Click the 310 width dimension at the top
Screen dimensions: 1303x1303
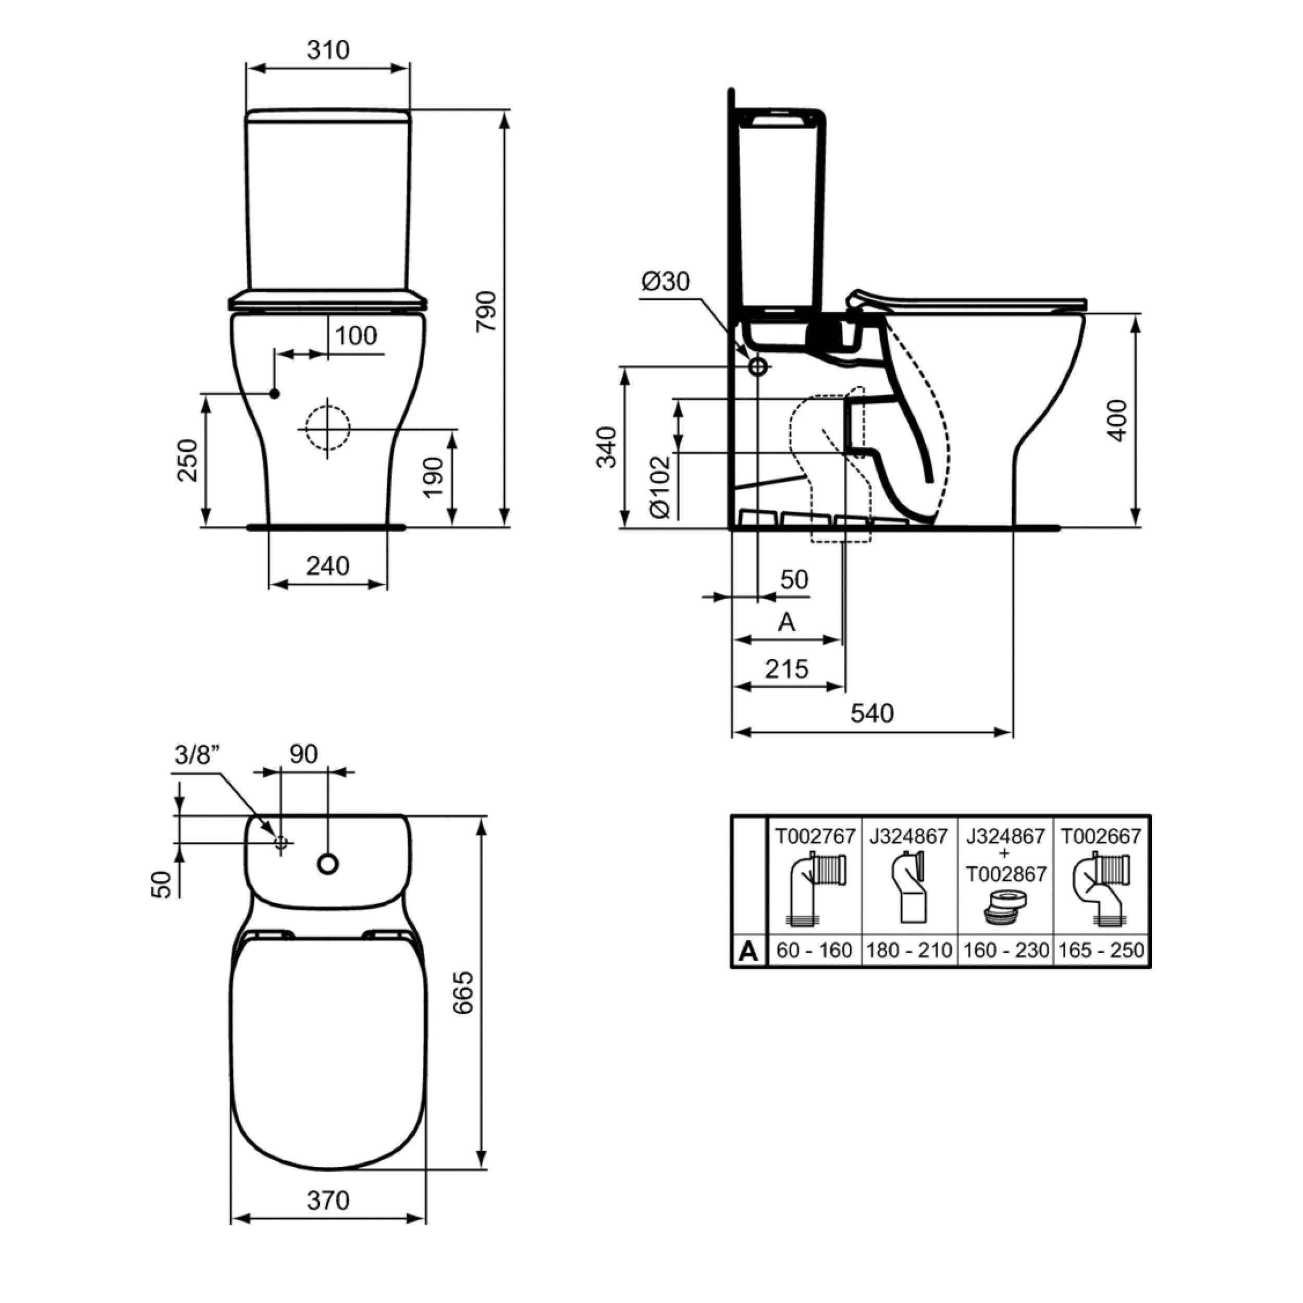(x=328, y=50)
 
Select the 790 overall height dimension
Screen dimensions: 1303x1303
(x=486, y=311)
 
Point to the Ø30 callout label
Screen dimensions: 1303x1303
(x=666, y=280)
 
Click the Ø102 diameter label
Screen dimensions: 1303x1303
(x=661, y=487)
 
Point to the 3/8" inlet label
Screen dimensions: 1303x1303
(x=198, y=755)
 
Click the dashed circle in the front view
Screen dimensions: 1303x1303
(x=328, y=427)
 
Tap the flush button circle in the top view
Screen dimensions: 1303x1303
(x=328, y=864)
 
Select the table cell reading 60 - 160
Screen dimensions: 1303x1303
(x=814, y=950)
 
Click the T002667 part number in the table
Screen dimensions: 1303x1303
(x=1101, y=837)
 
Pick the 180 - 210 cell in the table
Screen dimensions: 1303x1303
(x=909, y=950)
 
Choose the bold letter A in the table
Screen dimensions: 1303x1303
(x=748, y=951)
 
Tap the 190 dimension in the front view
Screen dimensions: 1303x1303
(x=434, y=477)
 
